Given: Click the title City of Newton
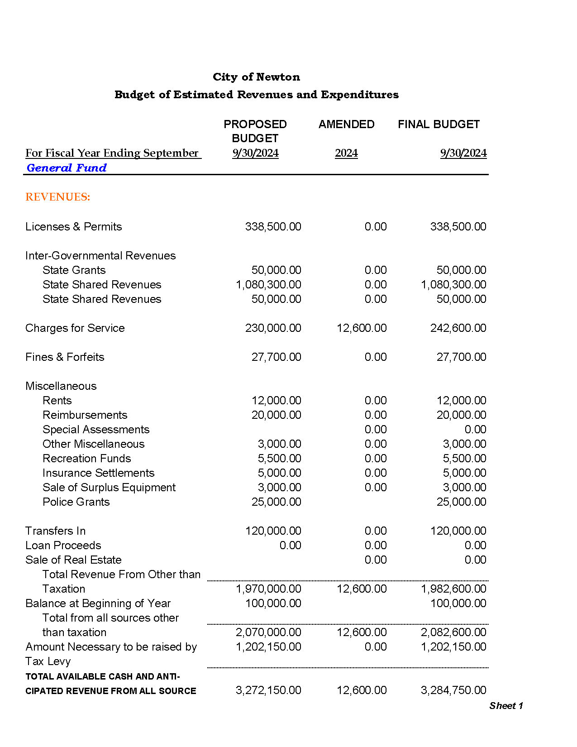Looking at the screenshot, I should pyautogui.click(x=256, y=77).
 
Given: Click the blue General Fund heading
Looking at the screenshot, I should pyautogui.click(x=67, y=168).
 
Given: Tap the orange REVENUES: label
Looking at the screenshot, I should pyautogui.click(x=58, y=197).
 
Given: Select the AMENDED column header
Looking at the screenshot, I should pyautogui.click(x=346, y=124).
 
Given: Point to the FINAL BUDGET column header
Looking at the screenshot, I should pyautogui.click(x=439, y=124).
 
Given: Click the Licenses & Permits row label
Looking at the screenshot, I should pyautogui.click(x=73, y=227).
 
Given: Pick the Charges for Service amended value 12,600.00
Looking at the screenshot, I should pyautogui.click(x=362, y=328).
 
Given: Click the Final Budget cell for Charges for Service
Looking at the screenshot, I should pyautogui.click(x=458, y=328).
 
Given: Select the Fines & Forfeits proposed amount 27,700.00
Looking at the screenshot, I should pyautogui.click(x=276, y=357).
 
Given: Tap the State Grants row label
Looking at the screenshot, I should pyautogui.click(x=74, y=270).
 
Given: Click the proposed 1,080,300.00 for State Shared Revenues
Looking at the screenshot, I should pyautogui.click(x=268, y=285).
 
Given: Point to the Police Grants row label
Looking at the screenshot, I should pyautogui.click(x=76, y=502).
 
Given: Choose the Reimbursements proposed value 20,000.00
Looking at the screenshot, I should pyautogui.click(x=276, y=415).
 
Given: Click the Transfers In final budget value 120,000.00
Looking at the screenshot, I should pyautogui.click(x=458, y=531).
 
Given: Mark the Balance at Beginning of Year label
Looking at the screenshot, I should pyautogui.click(x=98, y=603).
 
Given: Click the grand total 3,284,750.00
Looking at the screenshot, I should pyautogui.click(x=453, y=690).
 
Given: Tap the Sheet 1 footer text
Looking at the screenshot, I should pyautogui.click(x=506, y=706).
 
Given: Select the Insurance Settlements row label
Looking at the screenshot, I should pyautogui.click(x=98, y=473).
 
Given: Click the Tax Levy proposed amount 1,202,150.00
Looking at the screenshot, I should pyautogui.click(x=268, y=647).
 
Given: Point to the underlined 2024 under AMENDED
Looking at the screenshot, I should pyautogui.click(x=346, y=153).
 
